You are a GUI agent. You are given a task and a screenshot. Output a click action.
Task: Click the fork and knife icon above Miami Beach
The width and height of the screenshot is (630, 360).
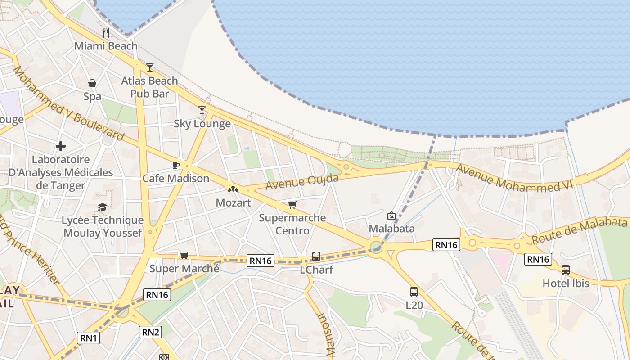pyautogui.click(x=106, y=32)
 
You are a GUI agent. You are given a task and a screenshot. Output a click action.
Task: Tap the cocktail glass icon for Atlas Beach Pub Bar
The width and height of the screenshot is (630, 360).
pyautogui.click(x=150, y=67)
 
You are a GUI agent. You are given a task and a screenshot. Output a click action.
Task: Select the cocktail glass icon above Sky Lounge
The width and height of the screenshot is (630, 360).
pyautogui.click(x=202, y=110)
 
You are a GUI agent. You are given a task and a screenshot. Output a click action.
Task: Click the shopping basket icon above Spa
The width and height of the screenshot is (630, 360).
pyautogui.click(x=92, y=83)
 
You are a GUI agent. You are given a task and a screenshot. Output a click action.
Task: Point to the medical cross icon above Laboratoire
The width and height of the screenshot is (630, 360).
pyautogui.click(x=61, y=146)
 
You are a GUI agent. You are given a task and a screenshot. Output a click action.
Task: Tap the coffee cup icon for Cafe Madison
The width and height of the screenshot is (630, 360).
pyautogui.click(x=176, y=165)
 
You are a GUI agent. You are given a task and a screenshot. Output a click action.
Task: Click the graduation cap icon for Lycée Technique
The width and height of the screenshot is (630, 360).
pyautogui.click(x=103, y=207)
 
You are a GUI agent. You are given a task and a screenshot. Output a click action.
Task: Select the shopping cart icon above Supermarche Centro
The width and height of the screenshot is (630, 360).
pyautogui.click(x=292, y=205)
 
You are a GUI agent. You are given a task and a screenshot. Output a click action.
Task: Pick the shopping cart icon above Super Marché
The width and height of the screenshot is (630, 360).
pyautogui.click(x=184, y=256)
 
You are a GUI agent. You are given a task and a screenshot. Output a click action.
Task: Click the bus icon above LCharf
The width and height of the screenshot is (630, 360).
pyautogui.click(x=316, y=256)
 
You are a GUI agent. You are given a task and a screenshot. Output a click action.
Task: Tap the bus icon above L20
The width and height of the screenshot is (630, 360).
pyautogui.click(x=414, y=292)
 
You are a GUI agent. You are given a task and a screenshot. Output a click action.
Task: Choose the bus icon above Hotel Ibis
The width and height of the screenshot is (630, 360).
pyautogui.click(x=566, y=270)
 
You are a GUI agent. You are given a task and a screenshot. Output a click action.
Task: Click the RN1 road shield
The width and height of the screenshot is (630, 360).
pyautogui.click(x=88, y=338)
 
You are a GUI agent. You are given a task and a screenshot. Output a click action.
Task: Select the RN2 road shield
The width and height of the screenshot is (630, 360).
pyautogui.click(x=150, y=332)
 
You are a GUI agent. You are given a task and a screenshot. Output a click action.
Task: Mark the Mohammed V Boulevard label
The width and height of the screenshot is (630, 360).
pyautogui.click(x=68, y=103)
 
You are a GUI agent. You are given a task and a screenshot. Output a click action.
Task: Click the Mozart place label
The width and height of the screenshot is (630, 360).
pyautogui.click(x=233, y=202)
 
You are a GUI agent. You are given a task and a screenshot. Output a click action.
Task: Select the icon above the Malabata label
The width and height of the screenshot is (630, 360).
pyautogui.click(x=391, y=216)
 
